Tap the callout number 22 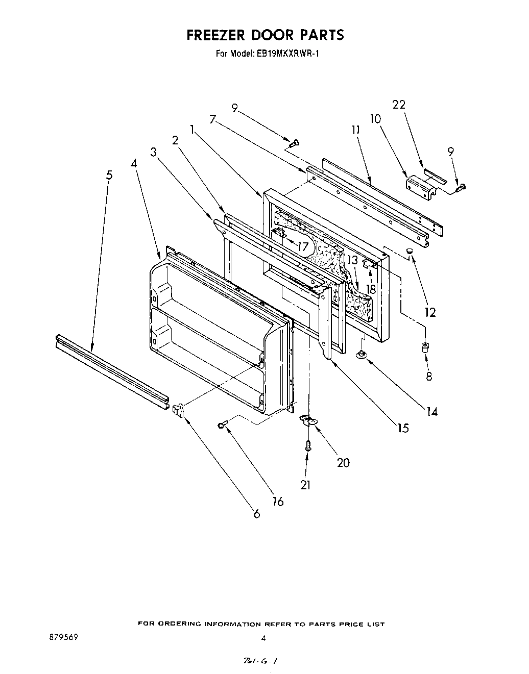pyautogui.click(x=399, y=105)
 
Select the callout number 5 pyautogui.click(x=109, y=175)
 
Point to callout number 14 pyautogui.click(x=432, y=411)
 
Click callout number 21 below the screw pyautogui.click(x=305, y=485)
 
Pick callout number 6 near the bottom pyautogui.click(x=257, y=514)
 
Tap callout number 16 pyautogui.click(x=278, y=502)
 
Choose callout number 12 pyautogui.click(x=430, y=312)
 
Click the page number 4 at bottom pyautogui.click(x=263, y=638)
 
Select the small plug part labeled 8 pyautogui.click(x=424, y=348)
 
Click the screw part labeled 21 pyautogui.click(x=307, y=445)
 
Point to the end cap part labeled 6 pyautogui.click(x=177, y=409)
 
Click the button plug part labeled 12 pyautogui.click(x=410, y=252)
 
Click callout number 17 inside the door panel pyautogui.click(x=303, y=247)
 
